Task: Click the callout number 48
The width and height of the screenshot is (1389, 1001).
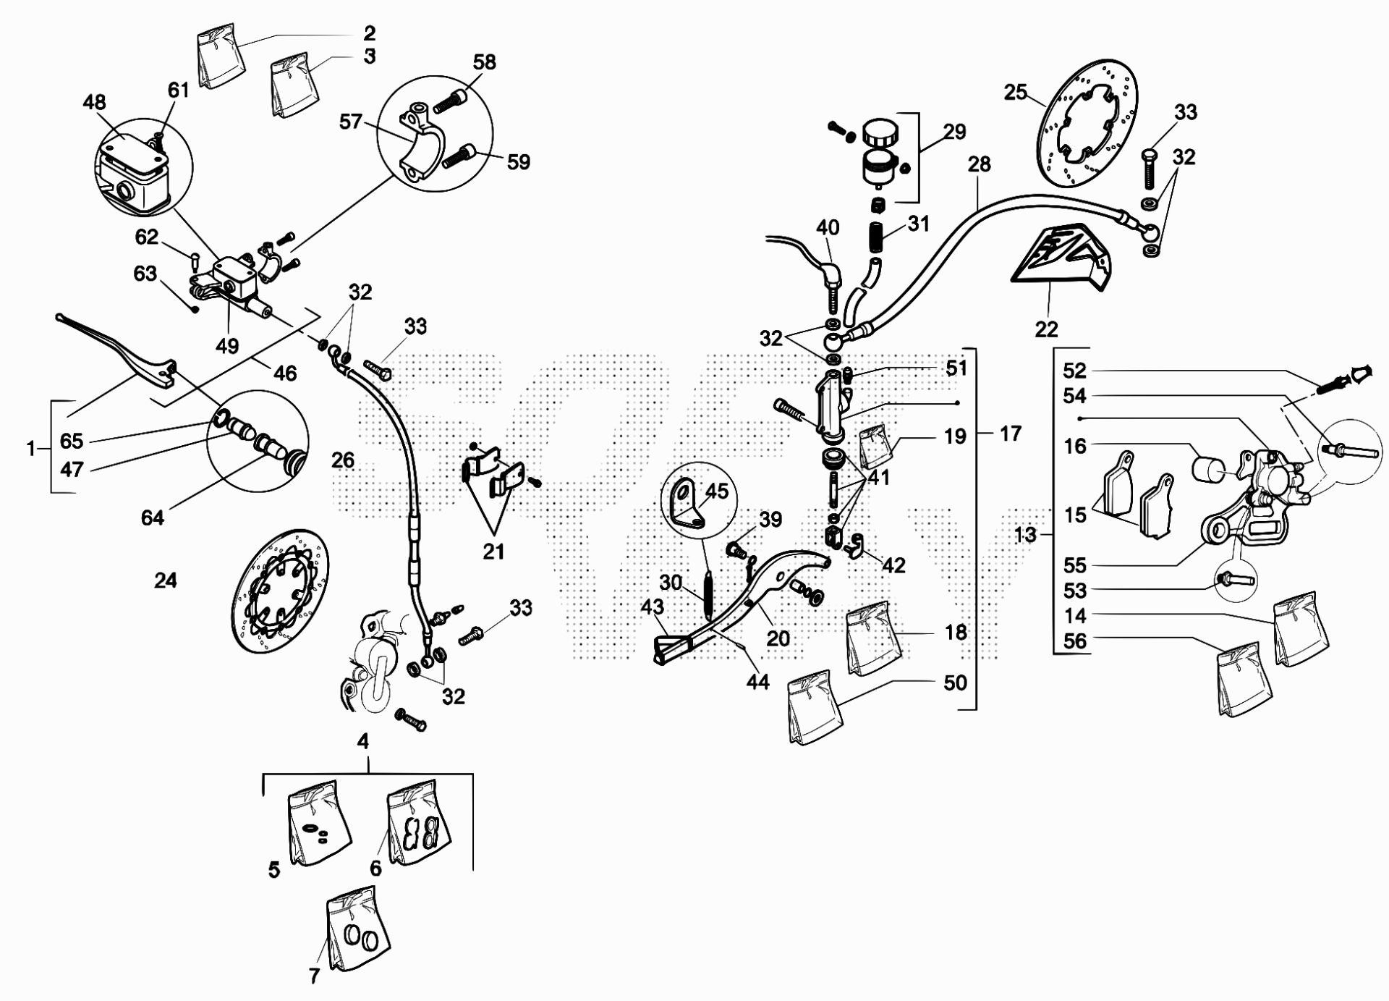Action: coord(95,102)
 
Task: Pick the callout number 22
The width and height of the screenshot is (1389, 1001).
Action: coord(1046,329)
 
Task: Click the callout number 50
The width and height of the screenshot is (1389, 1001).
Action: coord(955,683)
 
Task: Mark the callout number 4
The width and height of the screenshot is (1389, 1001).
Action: coord(363,741)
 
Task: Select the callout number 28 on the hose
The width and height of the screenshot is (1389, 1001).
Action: coord(979,164)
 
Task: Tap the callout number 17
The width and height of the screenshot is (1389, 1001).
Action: coord(1010,434)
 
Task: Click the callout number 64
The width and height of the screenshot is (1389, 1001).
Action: coord(153,518)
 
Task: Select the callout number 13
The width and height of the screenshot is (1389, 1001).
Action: coord(1025,535)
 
